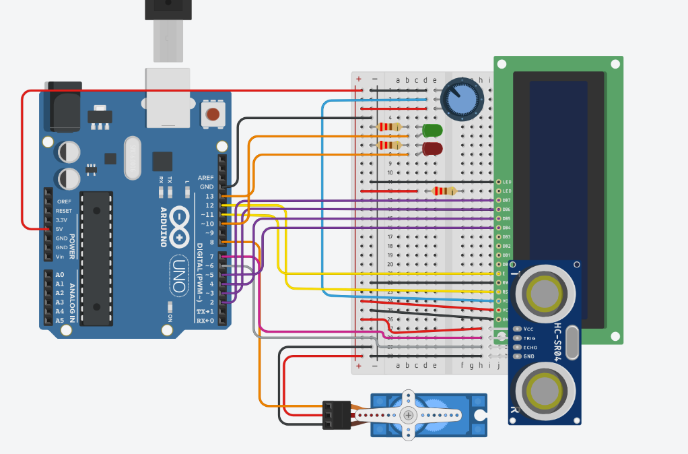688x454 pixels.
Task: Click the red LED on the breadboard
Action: click(x=432, y=148)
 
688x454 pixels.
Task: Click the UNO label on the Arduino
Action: click(x=178, y=274)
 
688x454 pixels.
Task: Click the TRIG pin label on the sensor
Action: click(x=530, y=338)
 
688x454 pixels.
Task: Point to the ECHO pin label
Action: click(x=530, y=347)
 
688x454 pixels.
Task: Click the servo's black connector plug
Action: click(x=337, y=415)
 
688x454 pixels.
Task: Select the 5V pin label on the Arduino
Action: click(x=59, y=229)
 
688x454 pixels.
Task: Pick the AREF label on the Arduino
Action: click(x=205, y=177)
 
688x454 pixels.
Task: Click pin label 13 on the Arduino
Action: click(x=209, y=196)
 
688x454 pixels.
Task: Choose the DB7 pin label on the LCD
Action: click(x=507, y=201)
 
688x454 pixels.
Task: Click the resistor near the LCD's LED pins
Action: click(x=444, y=191)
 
